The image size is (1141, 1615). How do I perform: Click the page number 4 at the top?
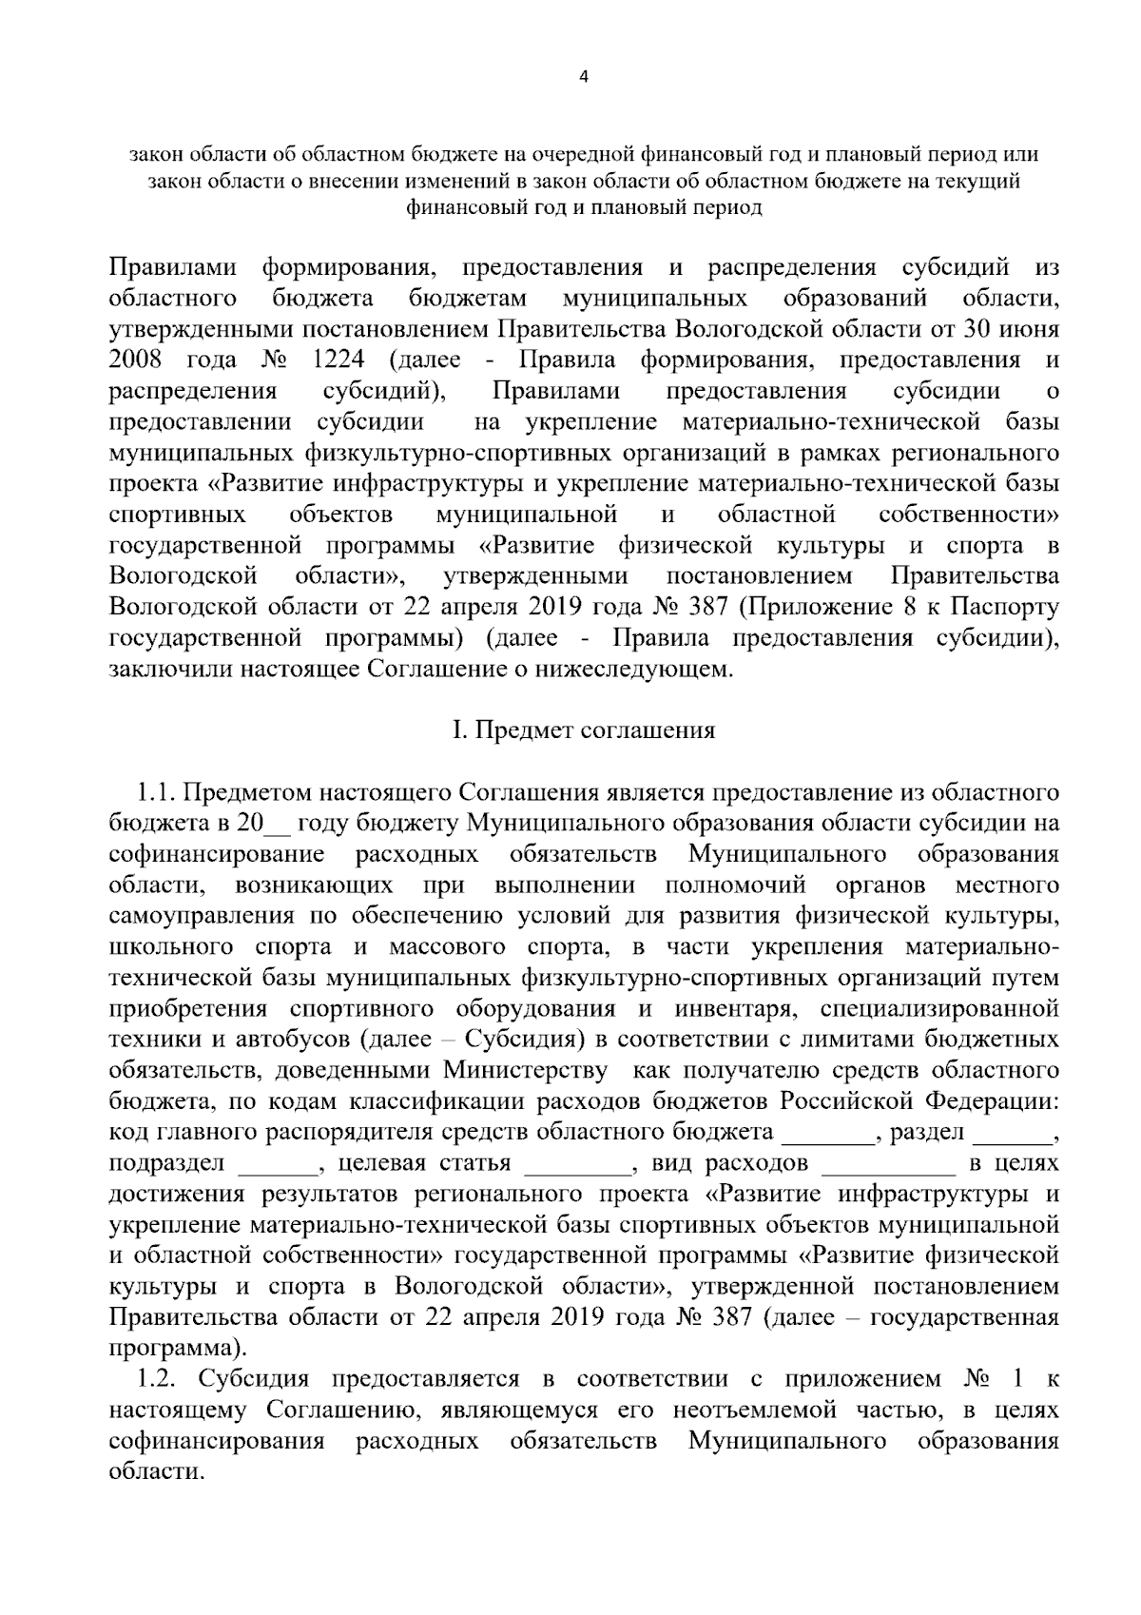583,78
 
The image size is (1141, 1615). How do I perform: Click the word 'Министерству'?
525,1071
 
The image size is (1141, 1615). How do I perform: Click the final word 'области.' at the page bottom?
157,1470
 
